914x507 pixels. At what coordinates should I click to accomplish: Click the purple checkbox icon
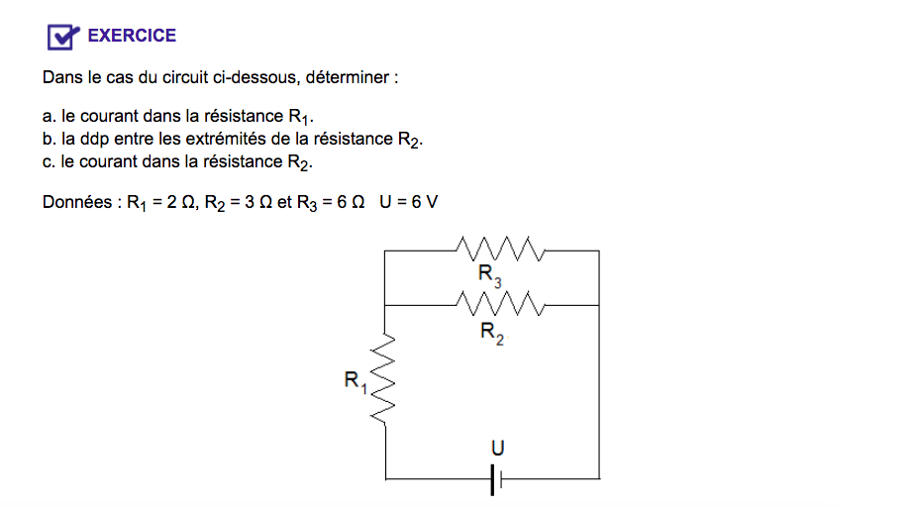point(62,37)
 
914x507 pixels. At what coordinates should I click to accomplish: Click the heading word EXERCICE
point(132,36)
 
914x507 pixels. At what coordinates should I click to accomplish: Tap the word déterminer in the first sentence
point(351,77)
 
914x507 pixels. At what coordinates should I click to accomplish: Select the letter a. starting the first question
point(50,116)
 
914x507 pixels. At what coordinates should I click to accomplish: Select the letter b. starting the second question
point(50,139)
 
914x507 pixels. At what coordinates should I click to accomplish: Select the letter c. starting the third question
point(50,161)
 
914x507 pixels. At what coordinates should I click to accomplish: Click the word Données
point(79,202)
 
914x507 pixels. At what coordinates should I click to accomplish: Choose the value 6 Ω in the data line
point(351,202)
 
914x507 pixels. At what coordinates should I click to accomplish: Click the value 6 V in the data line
point(423,202)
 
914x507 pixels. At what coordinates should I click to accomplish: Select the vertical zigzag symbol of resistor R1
point(384,382)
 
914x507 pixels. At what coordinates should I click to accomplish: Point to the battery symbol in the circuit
point(496,480)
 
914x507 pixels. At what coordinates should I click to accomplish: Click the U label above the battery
point(498,450)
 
